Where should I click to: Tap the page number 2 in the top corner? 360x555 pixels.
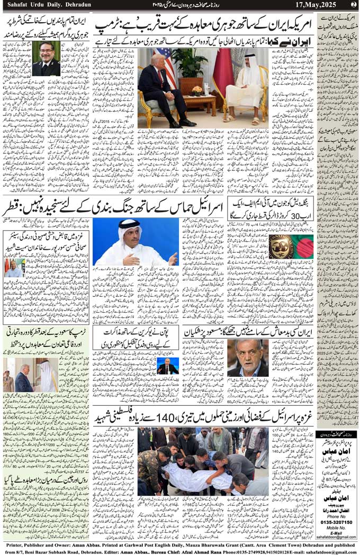[x=354, y=5]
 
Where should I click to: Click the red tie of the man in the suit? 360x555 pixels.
[x=160, y=79]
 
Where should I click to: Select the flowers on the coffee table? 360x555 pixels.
[x=197, y=90]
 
